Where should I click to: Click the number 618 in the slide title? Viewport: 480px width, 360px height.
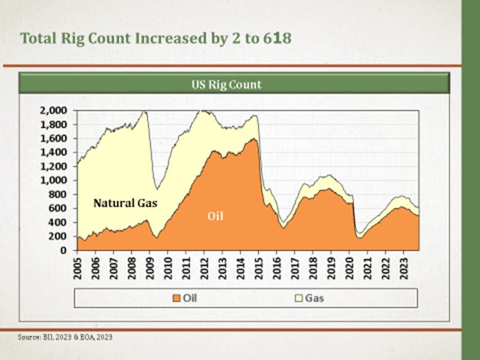click(x=276, y=38)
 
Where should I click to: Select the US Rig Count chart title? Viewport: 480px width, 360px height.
click(x=227, y=84)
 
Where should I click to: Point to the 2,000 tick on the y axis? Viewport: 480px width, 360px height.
click(x=54, y=110)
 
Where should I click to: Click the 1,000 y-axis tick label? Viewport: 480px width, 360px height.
click(x=54, y=180)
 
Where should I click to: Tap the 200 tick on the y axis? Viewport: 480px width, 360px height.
click(x=58, y=237)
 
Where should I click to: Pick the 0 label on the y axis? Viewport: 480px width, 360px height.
click(x=65, y=251)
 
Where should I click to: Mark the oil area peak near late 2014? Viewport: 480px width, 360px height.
click(x=254, y=139)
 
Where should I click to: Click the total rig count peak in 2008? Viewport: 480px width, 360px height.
click(x=144, y=112)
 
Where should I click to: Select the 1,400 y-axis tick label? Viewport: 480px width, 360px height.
click(x=54, y=152)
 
